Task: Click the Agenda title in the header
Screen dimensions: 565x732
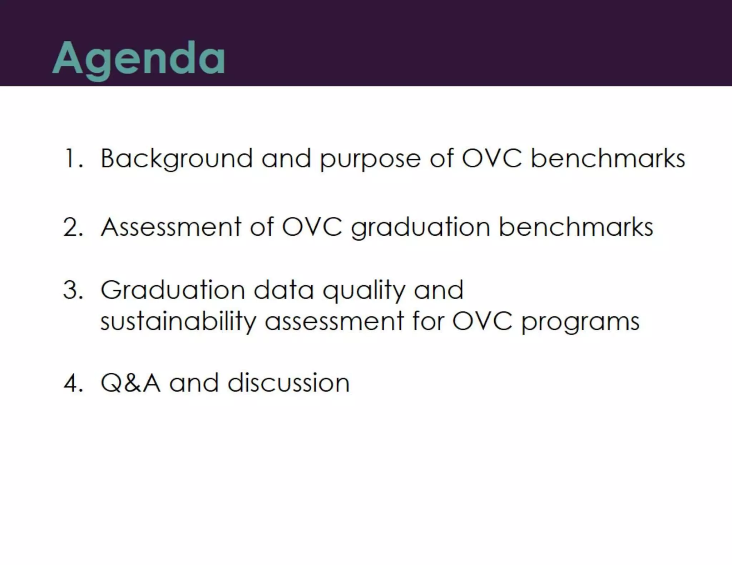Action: tap(139, 58)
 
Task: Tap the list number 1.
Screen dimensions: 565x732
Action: tap(73, 158)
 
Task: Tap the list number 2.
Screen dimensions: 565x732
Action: tap(73, 227)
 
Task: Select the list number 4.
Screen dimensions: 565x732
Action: tap(73, 383)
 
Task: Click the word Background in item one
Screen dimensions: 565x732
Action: tap(177, 158)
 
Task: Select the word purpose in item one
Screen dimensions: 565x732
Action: tap(370, 159)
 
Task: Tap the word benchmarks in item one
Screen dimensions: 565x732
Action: tap(608, 158)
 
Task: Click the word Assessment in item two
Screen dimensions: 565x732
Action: tap(171, 227)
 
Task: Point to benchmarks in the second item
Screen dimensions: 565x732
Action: tap(575, 227)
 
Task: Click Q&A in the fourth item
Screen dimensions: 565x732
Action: tap(130, 383)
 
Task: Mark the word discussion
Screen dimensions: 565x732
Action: tap(288, 383)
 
